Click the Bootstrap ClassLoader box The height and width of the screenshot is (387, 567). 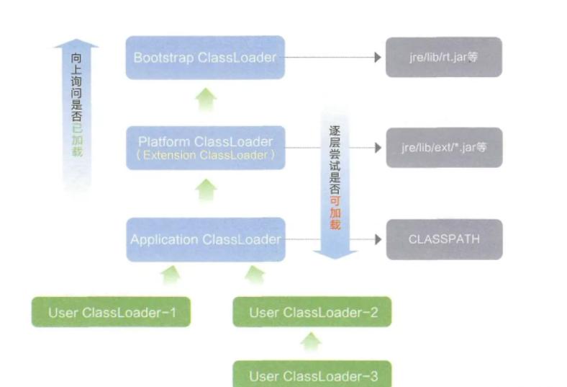205,58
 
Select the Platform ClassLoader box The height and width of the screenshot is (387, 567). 205,148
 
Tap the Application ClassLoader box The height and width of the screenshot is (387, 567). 205,239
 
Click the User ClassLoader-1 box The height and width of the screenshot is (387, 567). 112,312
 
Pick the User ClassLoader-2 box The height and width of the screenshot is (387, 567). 312,312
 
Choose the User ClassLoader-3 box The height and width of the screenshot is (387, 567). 312,375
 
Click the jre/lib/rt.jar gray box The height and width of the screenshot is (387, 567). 443,58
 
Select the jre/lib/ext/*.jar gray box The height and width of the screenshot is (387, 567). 443,148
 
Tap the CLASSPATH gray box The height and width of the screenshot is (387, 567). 443,239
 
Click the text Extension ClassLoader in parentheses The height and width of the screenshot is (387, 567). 205,156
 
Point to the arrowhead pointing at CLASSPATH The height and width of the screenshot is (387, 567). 377,239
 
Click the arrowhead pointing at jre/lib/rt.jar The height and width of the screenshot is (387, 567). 377,58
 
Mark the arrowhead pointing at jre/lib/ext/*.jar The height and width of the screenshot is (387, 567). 377,148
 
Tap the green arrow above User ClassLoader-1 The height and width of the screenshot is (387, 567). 171,275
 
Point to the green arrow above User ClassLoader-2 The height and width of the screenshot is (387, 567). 255,275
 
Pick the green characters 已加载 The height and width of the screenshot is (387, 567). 77,141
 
